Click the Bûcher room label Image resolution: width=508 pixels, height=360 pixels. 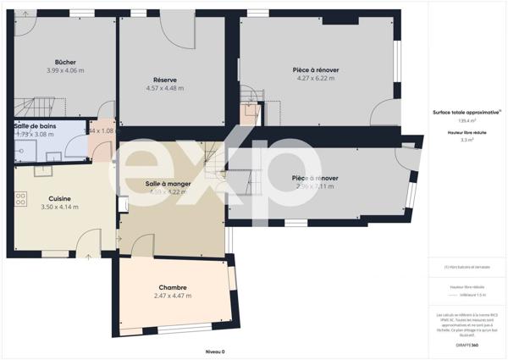click(x=65, y=63)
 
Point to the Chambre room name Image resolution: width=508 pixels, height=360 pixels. click(x=172, y=287)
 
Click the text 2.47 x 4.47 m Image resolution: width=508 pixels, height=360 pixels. click(x=172, y=296)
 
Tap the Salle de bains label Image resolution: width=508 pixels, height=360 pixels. click(x=35, y=125)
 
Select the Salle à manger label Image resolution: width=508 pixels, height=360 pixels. click(x=168, y=184)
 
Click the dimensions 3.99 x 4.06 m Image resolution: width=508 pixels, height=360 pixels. click(x=65, y=70)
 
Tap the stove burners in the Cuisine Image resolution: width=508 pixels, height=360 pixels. click(x=19, y=200)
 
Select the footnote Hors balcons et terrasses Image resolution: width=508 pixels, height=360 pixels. click(x=465, y=268)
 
